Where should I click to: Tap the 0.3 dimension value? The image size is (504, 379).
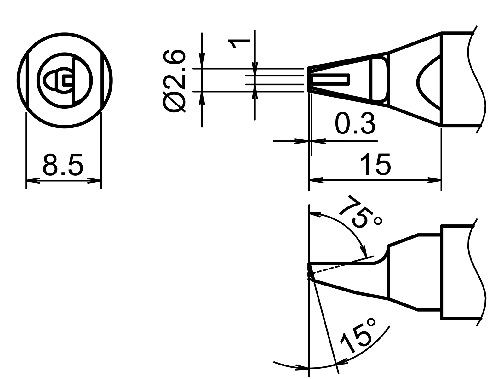pyautogui.click(x=355, y=124)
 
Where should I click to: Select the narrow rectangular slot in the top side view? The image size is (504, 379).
pyautogui.click(x=331, y=80)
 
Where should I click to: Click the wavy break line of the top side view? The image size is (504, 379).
pyautogui.click(x=477, y=79)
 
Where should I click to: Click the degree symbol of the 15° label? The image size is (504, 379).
pyautogui.click(x=372, y=323)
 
